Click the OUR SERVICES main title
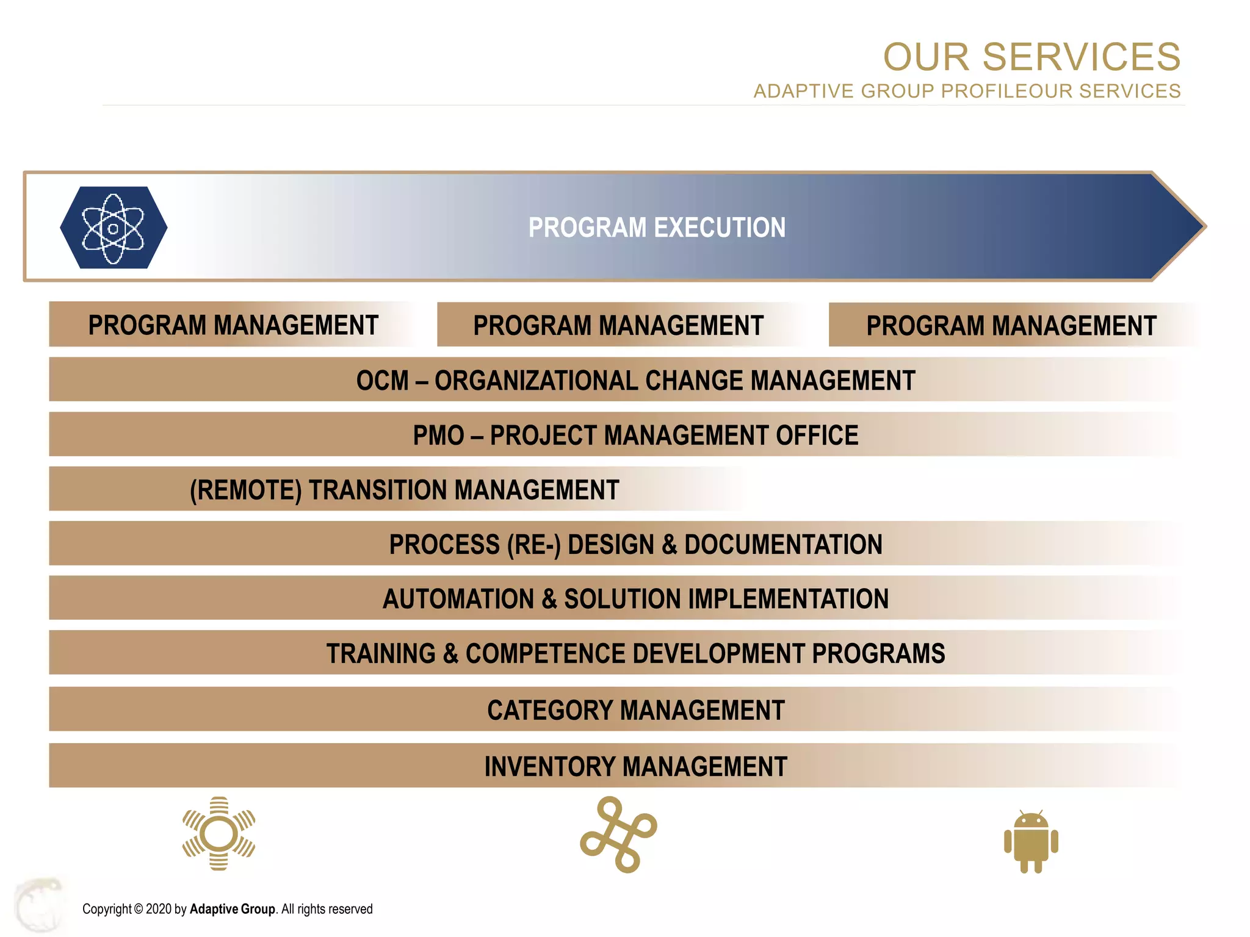click(x=1031, y=57)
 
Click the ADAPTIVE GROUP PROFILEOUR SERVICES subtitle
click(x=967, y=91)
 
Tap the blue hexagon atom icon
click(x=114, y=228)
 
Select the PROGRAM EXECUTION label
click(x=657, y=228)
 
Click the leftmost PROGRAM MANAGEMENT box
click(x=233, y=325)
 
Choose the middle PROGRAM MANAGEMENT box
click(x=618, y=325)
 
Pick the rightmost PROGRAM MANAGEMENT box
click(x=1011, y=325)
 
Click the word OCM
click(x=382, y=381)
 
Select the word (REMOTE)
click(x=245, y=490)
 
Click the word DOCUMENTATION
click(x=783, y=545)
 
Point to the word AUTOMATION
click(x=458, y=599)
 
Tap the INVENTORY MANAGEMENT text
click(x=635, y=767)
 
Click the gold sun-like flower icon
click(x=219, y=833)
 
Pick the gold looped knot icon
click(x=618, y=835)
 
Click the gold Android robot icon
click(x=1031, y=842)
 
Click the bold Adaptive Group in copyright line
click(x=232, y=909)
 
